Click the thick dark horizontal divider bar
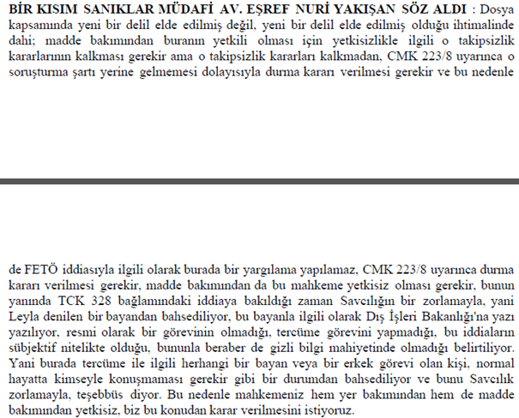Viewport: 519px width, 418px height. point(259,182)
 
